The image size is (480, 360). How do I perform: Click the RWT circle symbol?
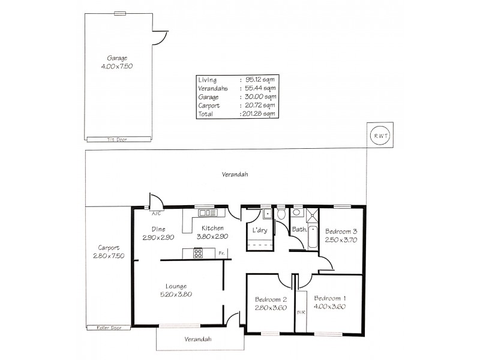(x=380, y=136)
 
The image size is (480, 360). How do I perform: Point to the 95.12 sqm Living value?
(x=257, y=79)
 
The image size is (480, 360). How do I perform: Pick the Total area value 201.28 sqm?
(x=257, y=113)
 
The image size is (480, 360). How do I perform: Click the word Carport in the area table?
(x=209, y=105)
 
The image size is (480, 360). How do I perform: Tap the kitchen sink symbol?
(x=208, y=212)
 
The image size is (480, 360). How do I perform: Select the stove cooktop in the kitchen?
(x=199, y=253)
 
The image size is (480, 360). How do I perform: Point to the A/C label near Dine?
(x=155, y=214)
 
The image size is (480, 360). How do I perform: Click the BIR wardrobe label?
(x=300, y=312)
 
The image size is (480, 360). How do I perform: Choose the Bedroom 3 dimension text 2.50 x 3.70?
(x=341, y=240)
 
